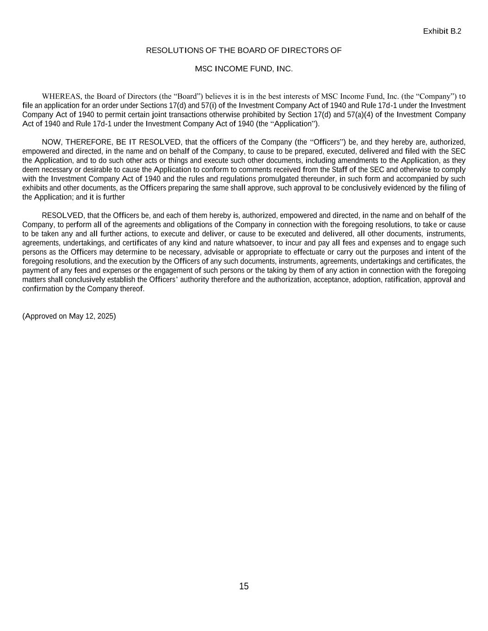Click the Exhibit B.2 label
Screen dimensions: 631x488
442,31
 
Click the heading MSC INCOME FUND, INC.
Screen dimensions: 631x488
244,69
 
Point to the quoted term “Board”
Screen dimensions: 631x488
188,96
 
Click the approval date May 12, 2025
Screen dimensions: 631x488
93,316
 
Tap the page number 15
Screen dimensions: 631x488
244,586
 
